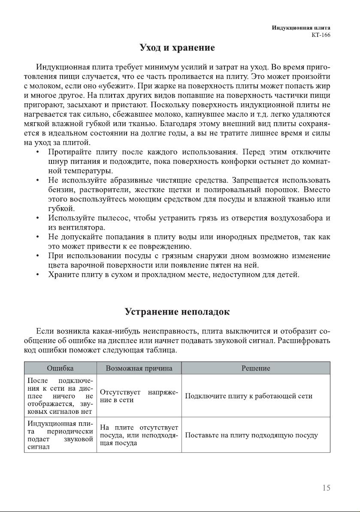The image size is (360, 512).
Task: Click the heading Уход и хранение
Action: pyautogui.click(x=177, y=48)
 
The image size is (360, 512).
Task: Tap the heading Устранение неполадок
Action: pyautogui.click(x=177, y=312)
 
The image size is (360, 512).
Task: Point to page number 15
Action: pyautogui.click(x=326, y=488)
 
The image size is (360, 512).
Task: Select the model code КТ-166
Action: pyautogui.click(x=321, y=35)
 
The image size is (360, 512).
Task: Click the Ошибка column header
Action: pyautogui.click(x=60, y=368)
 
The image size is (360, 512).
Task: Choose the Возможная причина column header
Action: pyautogui.click(x=139, y=368)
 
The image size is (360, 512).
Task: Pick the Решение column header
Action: pyautogui.click(x=256, y=368)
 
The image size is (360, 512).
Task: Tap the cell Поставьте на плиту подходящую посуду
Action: pyautogui.click(x=251, y=435)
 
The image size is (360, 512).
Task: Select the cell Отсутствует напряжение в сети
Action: pyautogui.click(x=139, y=396)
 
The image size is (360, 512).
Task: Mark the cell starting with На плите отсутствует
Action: pyautogui.click(x=139, y=435)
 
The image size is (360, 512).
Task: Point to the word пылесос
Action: pyautogui.click(x=115, y=218)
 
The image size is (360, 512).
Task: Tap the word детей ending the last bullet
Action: pyautogui.click(x=288, y=275)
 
